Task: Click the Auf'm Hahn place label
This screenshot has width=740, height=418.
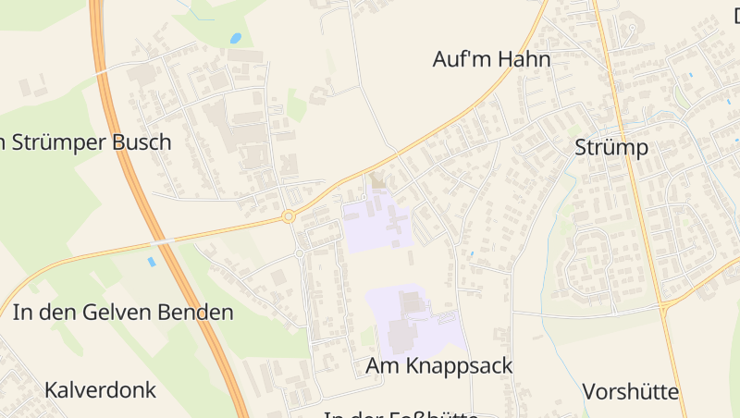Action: pyautogui.click(x=491, y=60)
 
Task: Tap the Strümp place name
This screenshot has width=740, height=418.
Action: pyautogui.click(x=610, y=148)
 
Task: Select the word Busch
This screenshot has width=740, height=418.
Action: pyautogui.click(x=140, y=142)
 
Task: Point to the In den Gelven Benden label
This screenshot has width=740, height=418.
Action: pyautogui.click(x=123, y=313)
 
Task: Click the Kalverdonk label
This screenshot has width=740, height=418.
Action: pyautogui.click(x=100, y=390)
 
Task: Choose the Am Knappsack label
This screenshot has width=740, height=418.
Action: pyautogui.click(x=438, y=366)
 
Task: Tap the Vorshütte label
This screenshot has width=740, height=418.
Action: pyautogui.click(x=631, y=391)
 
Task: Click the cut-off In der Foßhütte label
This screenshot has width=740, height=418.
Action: pyautogui.click(x=400, y=413)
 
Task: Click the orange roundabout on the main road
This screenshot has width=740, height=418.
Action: pyautogui.click(x=289, y=216)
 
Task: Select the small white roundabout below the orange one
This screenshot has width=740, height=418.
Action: pyautogui.click(x=300, y=252)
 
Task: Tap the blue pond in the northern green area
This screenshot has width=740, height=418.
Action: pyautogui.click(x=236, y=39)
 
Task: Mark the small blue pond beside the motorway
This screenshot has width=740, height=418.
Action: pyautogui.click(x=152, y=262)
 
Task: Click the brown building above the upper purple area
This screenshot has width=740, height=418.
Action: pyautogui.click(x=377, y=181)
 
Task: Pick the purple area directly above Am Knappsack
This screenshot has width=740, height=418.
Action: pyautogui.click(x=412, y=319)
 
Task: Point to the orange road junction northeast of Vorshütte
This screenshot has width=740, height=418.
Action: pyautogui.click(x=666, y=306)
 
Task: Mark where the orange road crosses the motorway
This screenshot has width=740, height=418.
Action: pyautogui.click(x=163, y=241)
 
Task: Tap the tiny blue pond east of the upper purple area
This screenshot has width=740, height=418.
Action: pyautogui.click(x=471, y=253)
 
